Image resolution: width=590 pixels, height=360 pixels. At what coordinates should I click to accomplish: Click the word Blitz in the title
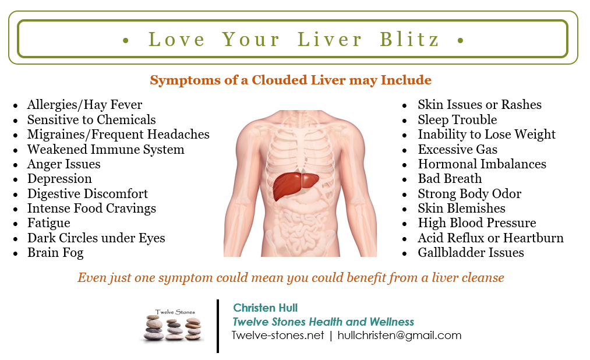[409, 39]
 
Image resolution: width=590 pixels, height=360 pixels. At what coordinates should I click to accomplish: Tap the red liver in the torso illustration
[295, 185]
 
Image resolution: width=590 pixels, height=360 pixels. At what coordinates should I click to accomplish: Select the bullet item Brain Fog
[55, 253]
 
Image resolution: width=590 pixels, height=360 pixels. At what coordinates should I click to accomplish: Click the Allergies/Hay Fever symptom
[84, 105]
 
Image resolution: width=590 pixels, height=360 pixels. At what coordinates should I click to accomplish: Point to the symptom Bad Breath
[450, 178]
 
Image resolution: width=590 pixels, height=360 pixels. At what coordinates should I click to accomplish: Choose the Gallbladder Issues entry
[471, 252]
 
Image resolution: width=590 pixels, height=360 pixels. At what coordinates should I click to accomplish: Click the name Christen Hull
[265, 308]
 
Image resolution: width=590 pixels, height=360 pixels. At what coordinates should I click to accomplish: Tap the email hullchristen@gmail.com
[399, 335]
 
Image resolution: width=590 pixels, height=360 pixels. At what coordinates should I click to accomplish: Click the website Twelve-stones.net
[278, 335]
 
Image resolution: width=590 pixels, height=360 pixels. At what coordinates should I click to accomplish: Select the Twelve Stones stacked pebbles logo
[173, 326]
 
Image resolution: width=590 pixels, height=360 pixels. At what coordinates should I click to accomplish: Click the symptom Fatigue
[48, 223]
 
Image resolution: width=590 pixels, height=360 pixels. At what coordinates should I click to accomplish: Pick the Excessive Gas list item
[458, 149]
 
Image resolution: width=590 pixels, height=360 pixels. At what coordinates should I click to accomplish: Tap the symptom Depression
[59, 179]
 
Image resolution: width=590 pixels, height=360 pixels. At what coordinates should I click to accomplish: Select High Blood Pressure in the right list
[477, 223]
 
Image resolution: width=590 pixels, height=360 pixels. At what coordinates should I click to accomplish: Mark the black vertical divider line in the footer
[218, 326]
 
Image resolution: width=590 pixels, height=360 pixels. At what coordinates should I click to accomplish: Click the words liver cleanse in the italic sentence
[468, 278]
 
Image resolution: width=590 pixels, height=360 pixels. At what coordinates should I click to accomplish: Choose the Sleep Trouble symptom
[457, 119]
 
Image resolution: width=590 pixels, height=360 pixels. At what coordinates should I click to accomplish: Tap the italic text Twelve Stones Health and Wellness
[323, 322]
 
